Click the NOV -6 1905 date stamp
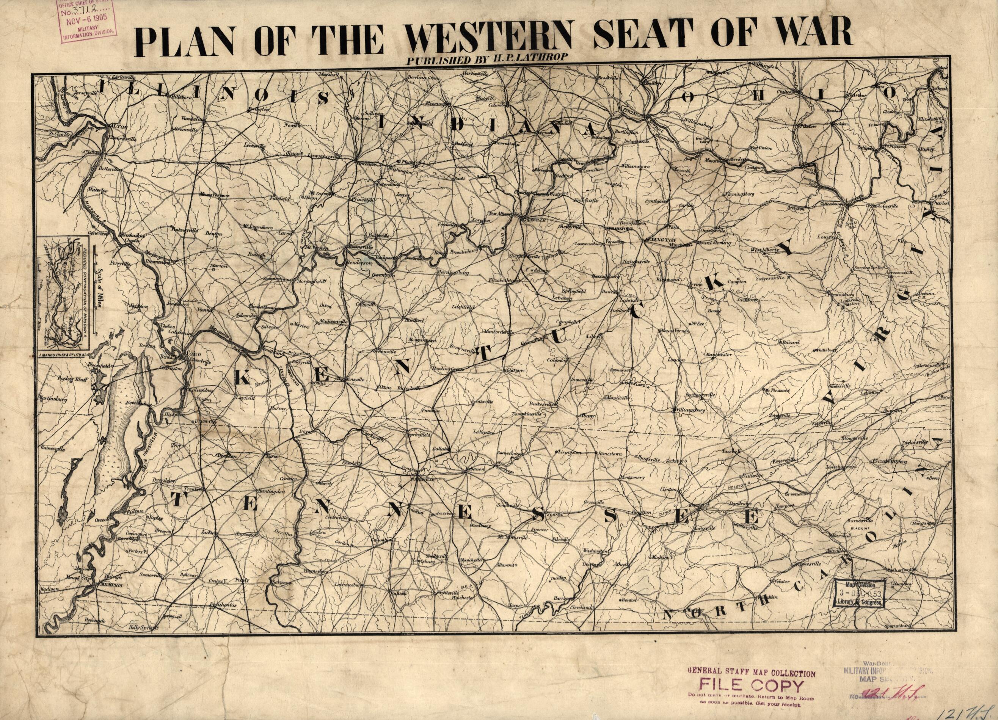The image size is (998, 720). [x=88, y=20]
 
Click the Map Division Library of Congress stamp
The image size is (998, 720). [x=859, y=593]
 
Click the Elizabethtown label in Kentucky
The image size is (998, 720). [x=504, y=279]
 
